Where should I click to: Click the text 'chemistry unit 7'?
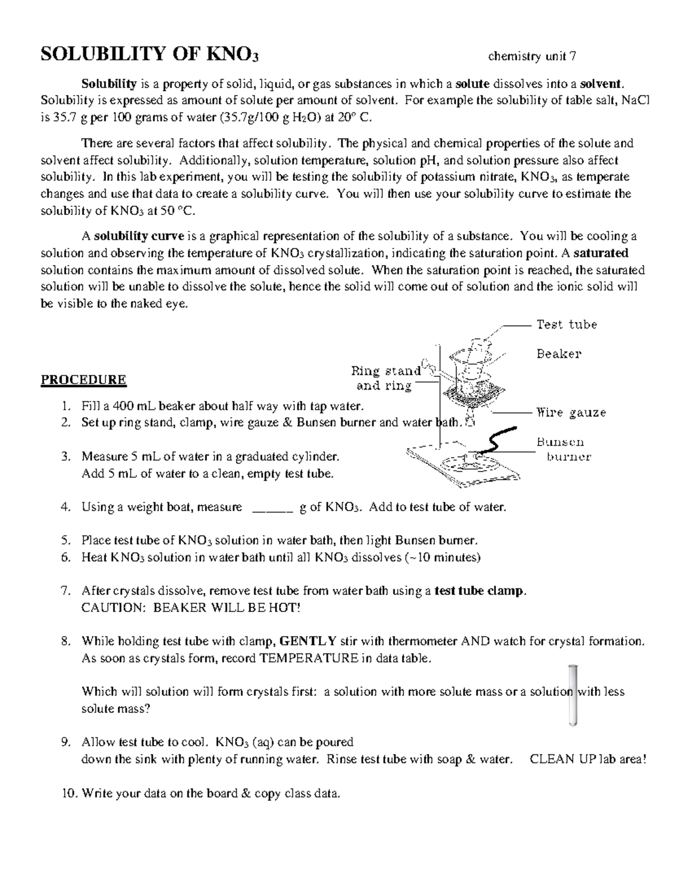click(x=532, y=56)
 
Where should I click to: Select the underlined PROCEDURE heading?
click(x=83, y=380)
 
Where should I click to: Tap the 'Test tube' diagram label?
click(x=566, y=324)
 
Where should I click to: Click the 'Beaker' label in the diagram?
click(x=558, y=354)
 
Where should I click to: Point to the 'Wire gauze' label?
click(x=571, y=413)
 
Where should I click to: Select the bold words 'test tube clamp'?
click(x=480, y=591)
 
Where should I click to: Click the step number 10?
click(x=69, y=794)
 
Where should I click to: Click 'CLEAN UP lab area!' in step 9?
click(x=588, y=759)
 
